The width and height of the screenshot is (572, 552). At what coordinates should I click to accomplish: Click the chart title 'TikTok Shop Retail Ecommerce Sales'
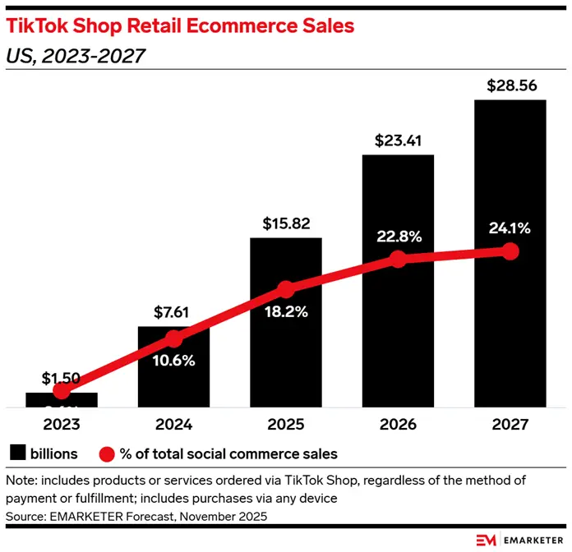[180, 25]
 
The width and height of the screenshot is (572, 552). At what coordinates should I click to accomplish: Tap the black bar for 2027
[510, 329]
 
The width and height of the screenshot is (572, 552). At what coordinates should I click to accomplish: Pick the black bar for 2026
[398, 345]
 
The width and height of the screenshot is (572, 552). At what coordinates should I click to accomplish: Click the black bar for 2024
[173, 378]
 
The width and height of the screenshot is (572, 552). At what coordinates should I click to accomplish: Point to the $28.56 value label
[510, 85]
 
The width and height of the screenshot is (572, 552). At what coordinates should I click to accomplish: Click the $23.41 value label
[398, 140]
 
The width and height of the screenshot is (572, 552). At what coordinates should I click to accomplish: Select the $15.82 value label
[285, 223]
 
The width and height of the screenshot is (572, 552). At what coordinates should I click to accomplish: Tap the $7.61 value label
[173, 312]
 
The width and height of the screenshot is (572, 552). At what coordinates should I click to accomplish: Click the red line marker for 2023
[62, 391]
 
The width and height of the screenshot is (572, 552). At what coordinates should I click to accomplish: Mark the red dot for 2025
[285, 289]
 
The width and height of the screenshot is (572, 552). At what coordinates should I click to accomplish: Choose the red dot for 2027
[510, 251]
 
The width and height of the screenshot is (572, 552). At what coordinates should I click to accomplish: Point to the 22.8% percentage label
[398, 237]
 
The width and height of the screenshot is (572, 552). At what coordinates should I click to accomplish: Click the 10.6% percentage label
[173, 360]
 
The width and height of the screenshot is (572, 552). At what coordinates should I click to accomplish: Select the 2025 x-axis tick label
[285, 425]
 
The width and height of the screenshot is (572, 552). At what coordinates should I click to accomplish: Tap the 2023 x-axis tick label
[62, 425]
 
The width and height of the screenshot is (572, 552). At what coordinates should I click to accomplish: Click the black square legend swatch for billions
[17, 453]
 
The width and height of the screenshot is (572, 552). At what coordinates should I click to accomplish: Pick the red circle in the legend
[106, 453]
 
